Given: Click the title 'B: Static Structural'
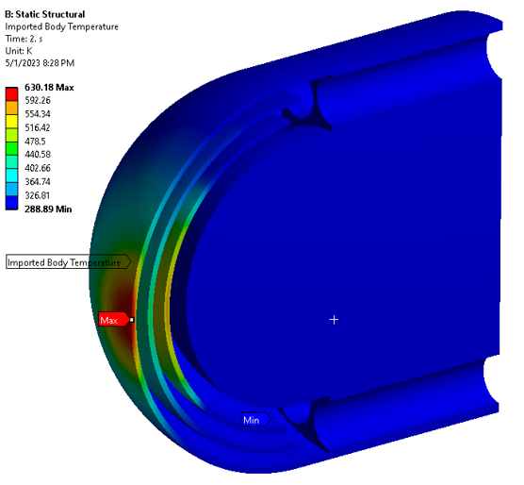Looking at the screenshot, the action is [45, 14].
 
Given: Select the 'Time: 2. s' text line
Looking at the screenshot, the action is [24, 39].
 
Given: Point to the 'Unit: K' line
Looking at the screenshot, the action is [19, 51].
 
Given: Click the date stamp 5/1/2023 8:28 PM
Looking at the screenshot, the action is [40, 63].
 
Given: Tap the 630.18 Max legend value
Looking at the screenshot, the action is [49, 88].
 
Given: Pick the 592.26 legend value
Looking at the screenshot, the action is [38, 100].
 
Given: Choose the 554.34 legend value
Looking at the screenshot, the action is [38, 114].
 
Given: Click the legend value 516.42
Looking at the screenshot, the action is [38, 127].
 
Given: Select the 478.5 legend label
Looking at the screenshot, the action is [35, 142].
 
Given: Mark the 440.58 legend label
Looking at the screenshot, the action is [38, 155].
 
